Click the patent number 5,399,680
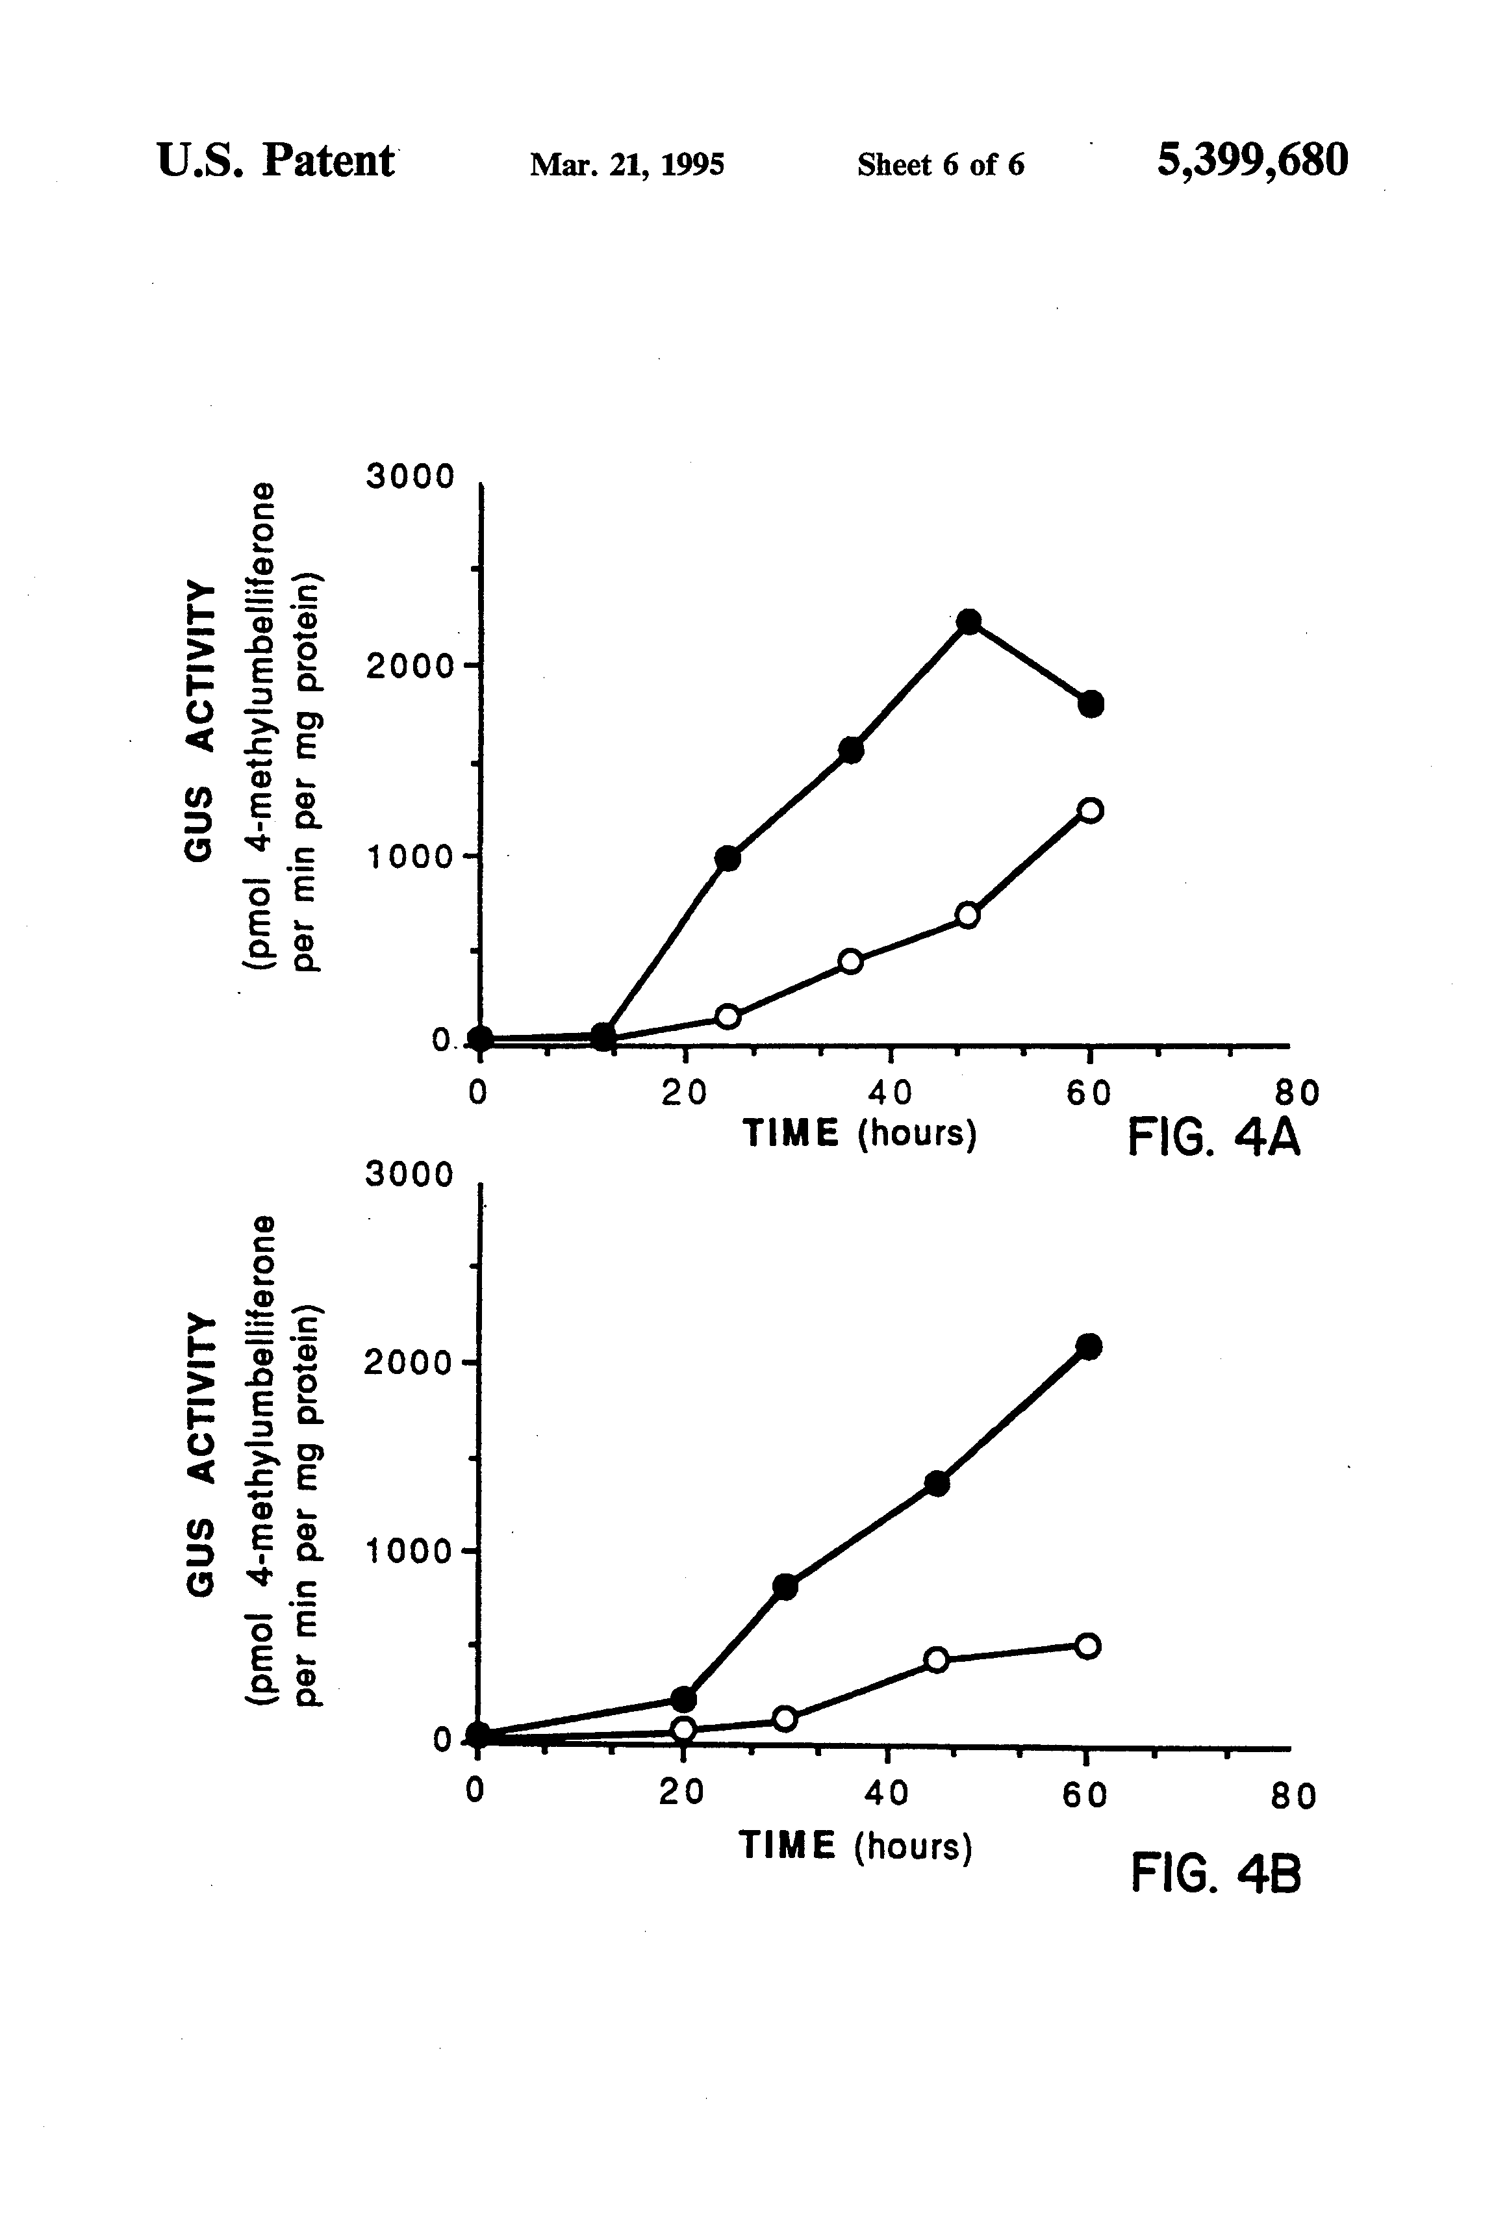[1252, 161]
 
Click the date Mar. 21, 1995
[627, 165]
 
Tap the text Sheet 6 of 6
[940, 165]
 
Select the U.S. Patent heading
[275, 161]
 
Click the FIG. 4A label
[1213, 1138]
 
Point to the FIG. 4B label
[1215, 1874]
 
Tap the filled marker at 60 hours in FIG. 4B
[1089, 1346]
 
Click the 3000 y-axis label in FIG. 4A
[411, 476]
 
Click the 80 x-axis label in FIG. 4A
[1297, 1093]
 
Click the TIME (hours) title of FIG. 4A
[859, 1134]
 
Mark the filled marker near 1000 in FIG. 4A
[728, 858]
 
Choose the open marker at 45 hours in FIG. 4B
[937, 1660]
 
